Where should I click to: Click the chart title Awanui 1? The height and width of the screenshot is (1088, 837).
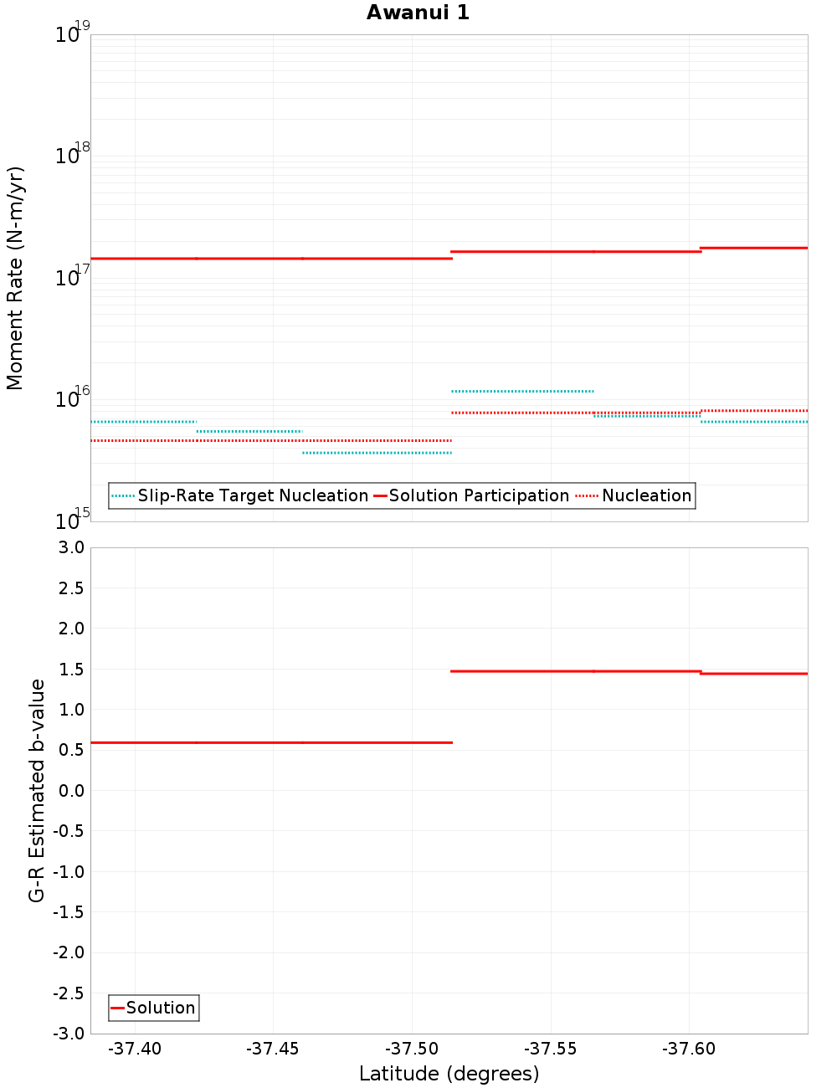418,13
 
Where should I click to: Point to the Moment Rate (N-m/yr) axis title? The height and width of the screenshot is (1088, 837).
15,278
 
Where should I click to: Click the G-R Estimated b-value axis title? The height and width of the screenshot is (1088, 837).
37,790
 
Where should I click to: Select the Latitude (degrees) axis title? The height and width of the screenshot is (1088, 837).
449,1074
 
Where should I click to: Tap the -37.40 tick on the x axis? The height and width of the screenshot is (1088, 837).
135,1049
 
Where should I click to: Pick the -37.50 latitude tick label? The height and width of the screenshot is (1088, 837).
412,1049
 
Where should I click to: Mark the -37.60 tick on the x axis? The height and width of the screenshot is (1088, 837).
689,1049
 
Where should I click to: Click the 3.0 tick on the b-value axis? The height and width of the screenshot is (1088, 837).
70,547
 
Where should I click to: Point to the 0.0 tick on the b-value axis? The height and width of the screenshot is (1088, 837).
70,790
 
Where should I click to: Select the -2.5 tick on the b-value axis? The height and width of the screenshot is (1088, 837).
69,993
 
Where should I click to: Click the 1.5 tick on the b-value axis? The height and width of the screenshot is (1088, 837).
70,669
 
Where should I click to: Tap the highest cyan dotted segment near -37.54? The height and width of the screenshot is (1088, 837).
522,391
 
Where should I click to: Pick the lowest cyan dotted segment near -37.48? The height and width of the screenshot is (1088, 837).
377,453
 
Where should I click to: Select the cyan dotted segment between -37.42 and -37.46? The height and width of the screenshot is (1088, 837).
249,431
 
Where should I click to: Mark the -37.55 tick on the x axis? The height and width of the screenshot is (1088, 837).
551,1049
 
